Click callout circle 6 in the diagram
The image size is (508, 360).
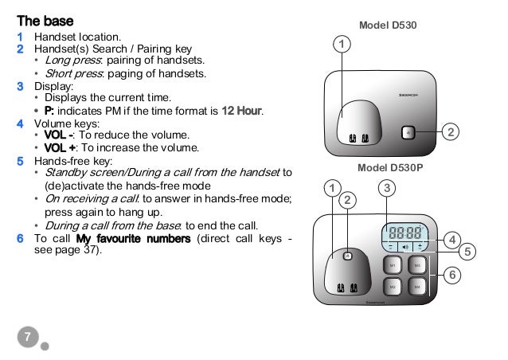click(x=452, y=275)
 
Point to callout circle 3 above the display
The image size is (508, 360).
click(x=386, y=189)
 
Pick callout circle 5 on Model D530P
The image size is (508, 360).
click(x=468, y=252)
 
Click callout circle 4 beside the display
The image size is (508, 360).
click(x=452, y=239)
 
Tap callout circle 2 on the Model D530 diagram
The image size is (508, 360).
click(x=451, y=132)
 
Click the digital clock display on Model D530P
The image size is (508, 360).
click(x=404, y=233)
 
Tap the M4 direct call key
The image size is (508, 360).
click(x=417, y=287)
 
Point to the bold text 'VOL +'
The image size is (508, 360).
click(x=58, y=148)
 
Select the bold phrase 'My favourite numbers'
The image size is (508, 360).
click(x=133, y=238)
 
